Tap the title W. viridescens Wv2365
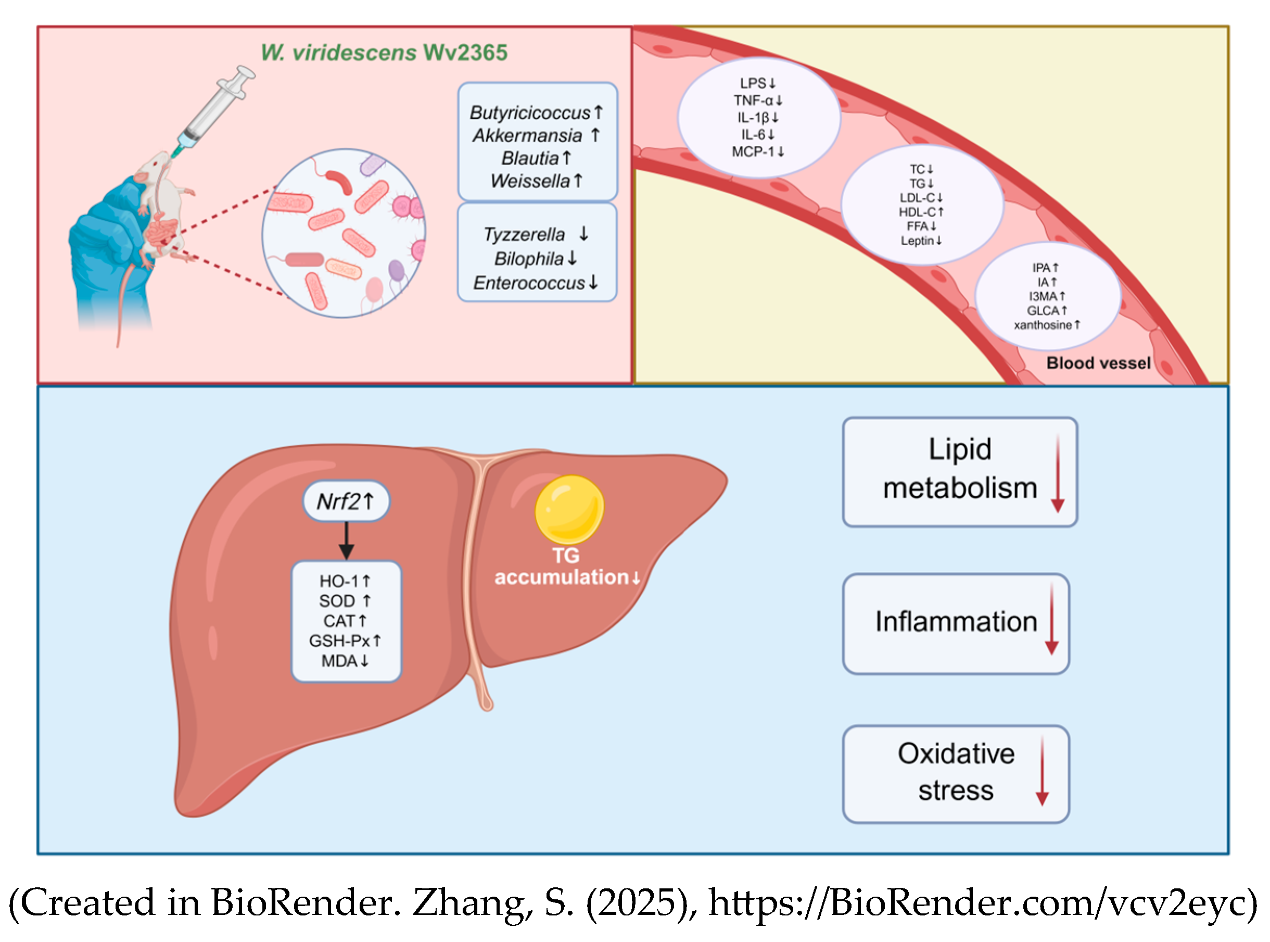[384, 53]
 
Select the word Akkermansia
[527, 136]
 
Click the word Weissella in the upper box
[529, 181]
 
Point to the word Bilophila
[528, 259]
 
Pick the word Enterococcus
[528, 283]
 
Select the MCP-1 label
[753, 152]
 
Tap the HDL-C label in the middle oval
[917, 212]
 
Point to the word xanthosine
[1043, 325]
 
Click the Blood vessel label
[1098, 363]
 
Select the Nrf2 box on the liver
[346, 502]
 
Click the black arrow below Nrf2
[347, 541]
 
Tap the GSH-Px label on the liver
[339, 642]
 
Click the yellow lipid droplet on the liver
[569, 509]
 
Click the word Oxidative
[956, 754]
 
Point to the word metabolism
[959, 488]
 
